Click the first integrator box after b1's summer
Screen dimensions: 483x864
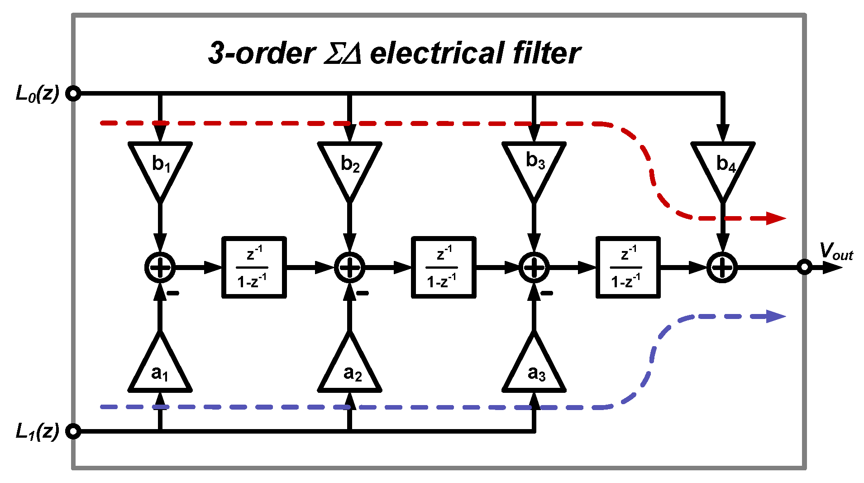tap(254, 267)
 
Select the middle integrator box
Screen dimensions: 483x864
tap(444, 267)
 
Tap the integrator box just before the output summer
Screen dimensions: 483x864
tap(628, 267)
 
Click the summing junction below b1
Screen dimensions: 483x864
tap(160, 267)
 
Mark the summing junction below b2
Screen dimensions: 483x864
tap(349, 267)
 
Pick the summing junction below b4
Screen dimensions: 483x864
tap(723, 267)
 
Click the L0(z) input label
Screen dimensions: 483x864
tap(37, 94)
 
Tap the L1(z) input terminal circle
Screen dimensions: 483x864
tap(73, 431)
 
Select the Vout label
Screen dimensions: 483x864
tap(835, 251)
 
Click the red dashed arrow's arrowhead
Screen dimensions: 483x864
tap(776, 218)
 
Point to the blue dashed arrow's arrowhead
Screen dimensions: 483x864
tap(776, 316)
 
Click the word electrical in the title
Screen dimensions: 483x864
tap(437, 53)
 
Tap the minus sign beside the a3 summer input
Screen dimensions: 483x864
tap(547, 293)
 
